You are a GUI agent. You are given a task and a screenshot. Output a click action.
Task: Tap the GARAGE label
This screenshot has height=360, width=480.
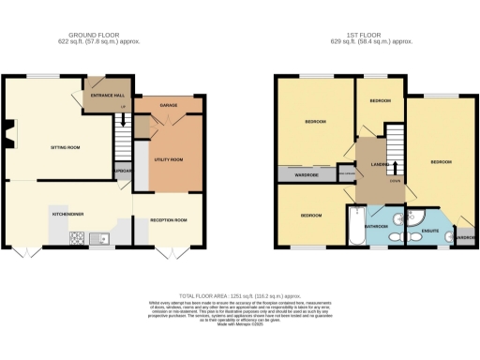(169, 105)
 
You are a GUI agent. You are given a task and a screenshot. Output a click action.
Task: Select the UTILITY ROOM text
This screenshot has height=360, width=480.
(169, 160)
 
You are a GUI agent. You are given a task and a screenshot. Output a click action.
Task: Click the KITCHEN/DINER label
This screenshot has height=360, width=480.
(67, 214)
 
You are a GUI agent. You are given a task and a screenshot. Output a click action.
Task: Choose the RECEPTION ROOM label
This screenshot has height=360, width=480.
(169, 220)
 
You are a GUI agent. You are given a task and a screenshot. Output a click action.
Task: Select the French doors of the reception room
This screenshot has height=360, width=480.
(169, 254)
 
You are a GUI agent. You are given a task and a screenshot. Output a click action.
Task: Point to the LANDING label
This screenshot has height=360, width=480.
(380, 165)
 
